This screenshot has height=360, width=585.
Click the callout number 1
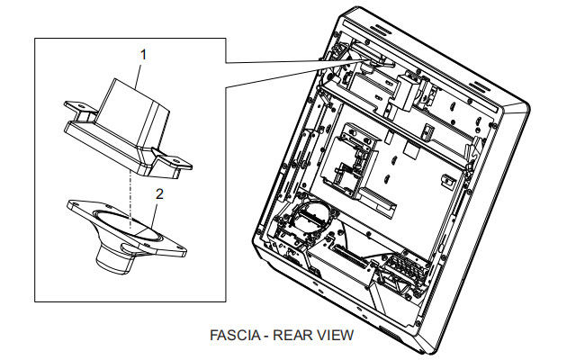142,55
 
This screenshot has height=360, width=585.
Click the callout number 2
159,193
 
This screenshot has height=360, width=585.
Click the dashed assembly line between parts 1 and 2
130,193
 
